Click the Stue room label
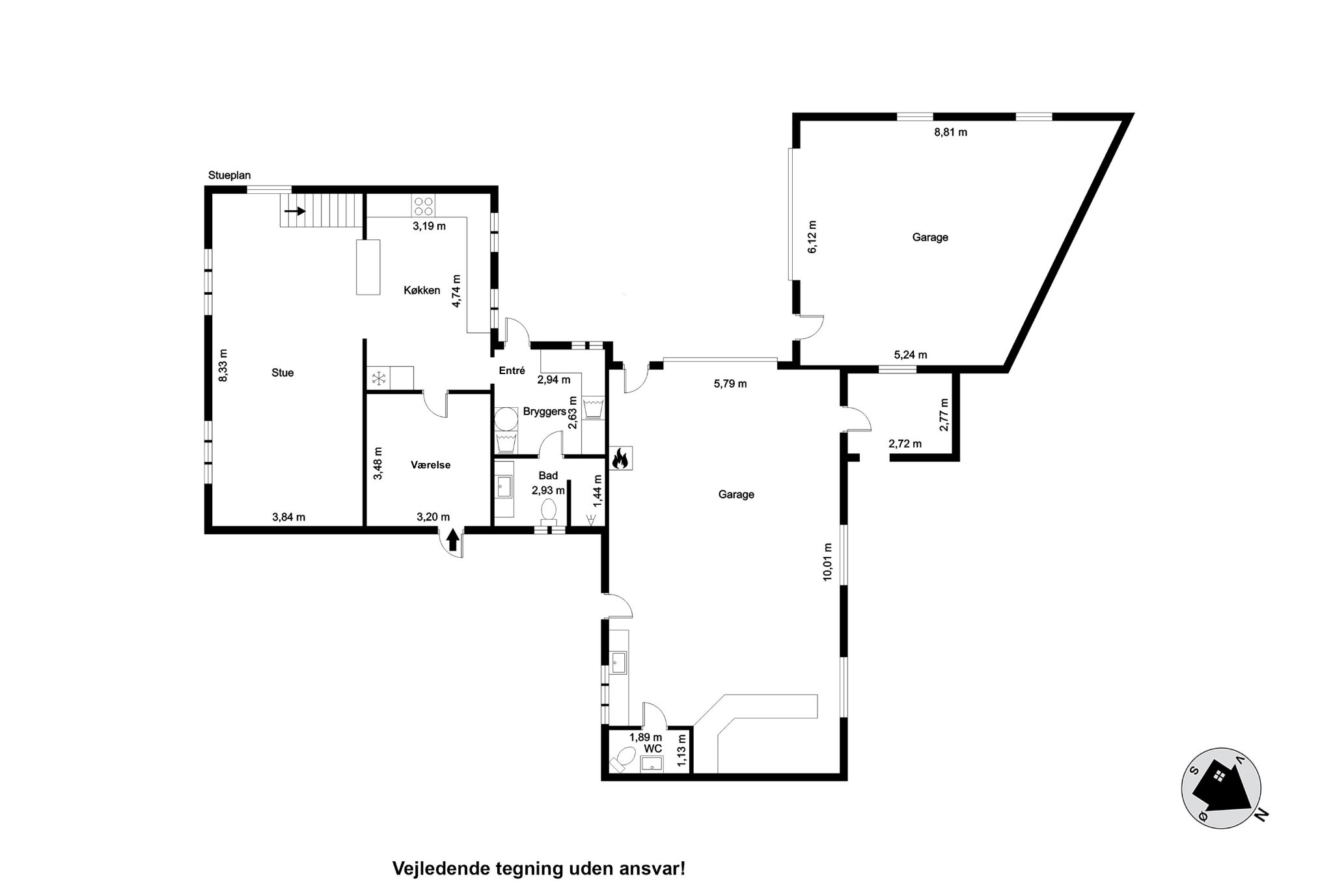[282, 373]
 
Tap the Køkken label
[422, 291]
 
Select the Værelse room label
[431, 465]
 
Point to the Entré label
[512, 370]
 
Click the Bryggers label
[544, 411]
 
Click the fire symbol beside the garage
[619, 459]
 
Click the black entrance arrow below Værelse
[453, 541]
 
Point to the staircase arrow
[295, 211]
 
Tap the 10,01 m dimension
[828, 561]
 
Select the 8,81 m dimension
[950, 132]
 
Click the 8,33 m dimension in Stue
[223, 366]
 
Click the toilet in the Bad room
[549, 511]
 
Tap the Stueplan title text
[229, 175]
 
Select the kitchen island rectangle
[368, 267]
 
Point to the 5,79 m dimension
[730, 384]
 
